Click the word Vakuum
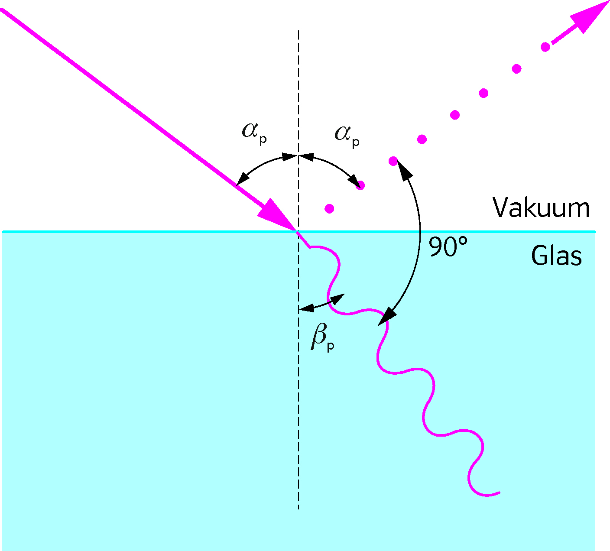(x=541, y=207)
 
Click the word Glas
(x=556, y=256)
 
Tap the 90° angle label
(x=448, y=246)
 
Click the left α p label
(x=254, y=133)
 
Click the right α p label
(x=347, y=136)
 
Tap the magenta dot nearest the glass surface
(x=329, y=209)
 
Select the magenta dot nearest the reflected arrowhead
(x=545, y=47)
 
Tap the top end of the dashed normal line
(x=299, y=30)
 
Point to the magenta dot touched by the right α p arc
(x=360, y=185)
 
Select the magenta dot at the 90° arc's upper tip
(x=393, y=161)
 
